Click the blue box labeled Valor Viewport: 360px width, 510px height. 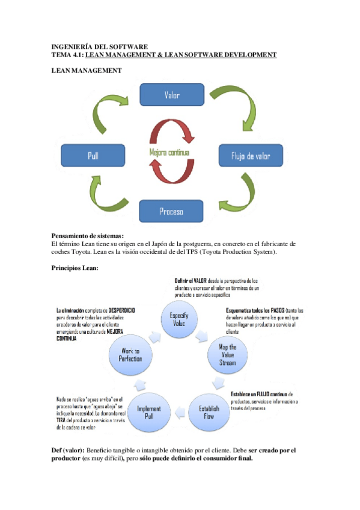pyautogui.click(x=171, y=95)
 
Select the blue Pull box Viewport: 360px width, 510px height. pyautogui.click(x=93, y=155)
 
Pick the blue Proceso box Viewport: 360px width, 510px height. pyautogui.click(x=171, y=212)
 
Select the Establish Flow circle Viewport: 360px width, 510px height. pyautogui.click(x=209, y=412)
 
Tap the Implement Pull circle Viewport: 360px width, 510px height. pyautogui.click(x=148, y=412)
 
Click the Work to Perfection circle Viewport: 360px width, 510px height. pyautogui.click(x=130, y=355)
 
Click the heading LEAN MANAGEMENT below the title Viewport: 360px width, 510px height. pyautogui.click(x=87, y=70)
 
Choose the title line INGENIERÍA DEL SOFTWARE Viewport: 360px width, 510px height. pyautogui.click(x=99, y=46)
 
